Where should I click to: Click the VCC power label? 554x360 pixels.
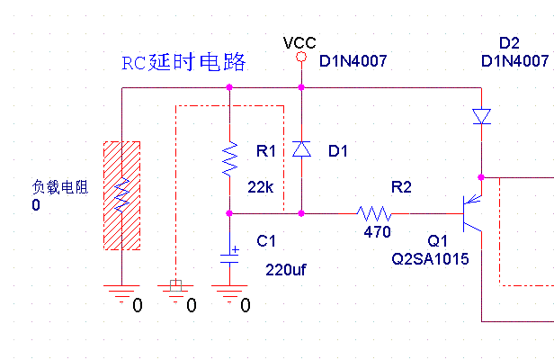click(299, 43)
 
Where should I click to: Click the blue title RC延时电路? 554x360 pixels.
click(183, 63)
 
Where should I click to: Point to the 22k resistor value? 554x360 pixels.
click(259, 186)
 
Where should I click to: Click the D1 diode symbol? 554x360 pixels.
click(301, 149)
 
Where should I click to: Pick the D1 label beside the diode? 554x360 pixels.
click(337, 151)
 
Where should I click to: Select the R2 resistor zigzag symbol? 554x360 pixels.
click(375, 214)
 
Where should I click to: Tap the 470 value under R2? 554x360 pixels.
click(377, 232)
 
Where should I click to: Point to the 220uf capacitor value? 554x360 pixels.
click(287, 268)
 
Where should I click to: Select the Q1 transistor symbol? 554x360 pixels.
click(471, 214)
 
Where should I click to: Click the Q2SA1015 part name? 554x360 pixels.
click(430, 258)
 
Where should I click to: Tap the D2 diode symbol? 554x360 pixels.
click(482, 116)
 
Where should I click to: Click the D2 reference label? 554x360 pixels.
click(509, 43)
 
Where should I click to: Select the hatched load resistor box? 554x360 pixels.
click(122, 195)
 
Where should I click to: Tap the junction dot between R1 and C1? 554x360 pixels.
click(231, 214)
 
